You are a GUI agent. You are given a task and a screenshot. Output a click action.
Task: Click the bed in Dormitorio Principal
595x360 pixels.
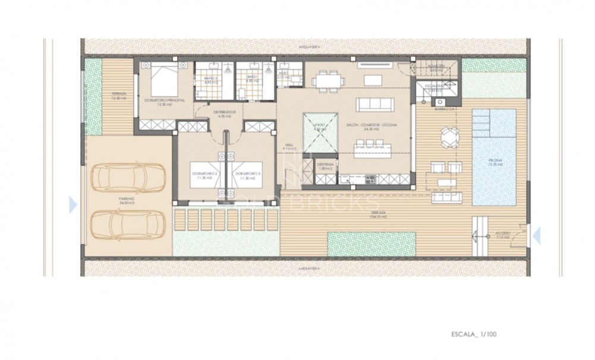coord(163,81)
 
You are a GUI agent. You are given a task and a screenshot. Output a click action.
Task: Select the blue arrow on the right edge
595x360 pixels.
coord(537,236)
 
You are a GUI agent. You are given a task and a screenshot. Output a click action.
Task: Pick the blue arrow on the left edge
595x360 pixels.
coord(73,205)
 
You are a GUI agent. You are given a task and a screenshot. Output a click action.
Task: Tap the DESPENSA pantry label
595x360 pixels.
coord(324,166)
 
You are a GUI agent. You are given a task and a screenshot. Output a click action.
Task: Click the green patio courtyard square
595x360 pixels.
coord(319,130)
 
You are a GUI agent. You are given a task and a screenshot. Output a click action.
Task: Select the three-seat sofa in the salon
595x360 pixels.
coord(376,105)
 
